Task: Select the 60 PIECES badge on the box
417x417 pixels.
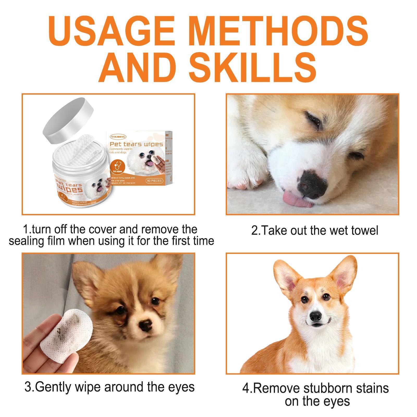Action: click(x=154, y=181)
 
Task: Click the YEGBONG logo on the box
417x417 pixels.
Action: click(x=118, y=137)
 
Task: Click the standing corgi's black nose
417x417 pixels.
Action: click(x=316, y=316)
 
